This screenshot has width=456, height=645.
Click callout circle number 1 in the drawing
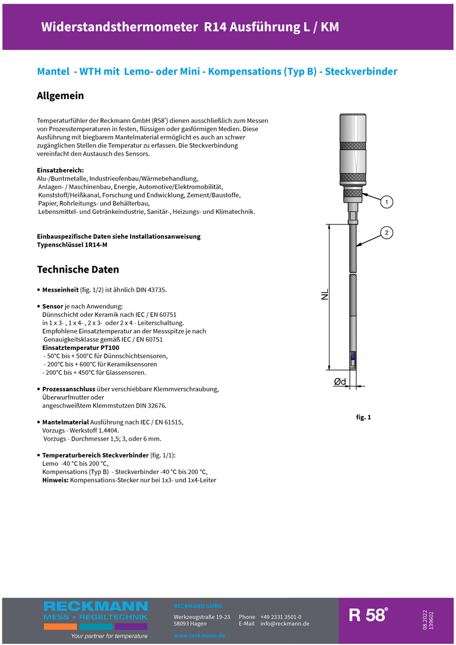[386, 203]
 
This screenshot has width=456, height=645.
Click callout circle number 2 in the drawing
[386, 232]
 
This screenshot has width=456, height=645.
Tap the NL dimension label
[325, 295]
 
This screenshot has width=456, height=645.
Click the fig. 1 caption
[363, 418]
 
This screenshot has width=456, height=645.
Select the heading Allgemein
[61, 96]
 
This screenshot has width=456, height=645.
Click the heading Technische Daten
[78, 270]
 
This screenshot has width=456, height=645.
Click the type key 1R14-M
[96, 245]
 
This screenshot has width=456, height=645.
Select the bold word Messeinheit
[61, 289]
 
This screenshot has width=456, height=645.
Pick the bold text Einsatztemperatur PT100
[81, 347]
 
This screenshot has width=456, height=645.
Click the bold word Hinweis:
[55, 479]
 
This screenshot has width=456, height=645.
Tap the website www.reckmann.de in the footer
[199, 635]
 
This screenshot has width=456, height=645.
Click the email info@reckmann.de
[285, 624]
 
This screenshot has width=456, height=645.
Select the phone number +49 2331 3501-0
[281, 617]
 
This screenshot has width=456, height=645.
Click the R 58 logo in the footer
[368, 615]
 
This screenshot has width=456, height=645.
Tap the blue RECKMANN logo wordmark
[96, 606]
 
